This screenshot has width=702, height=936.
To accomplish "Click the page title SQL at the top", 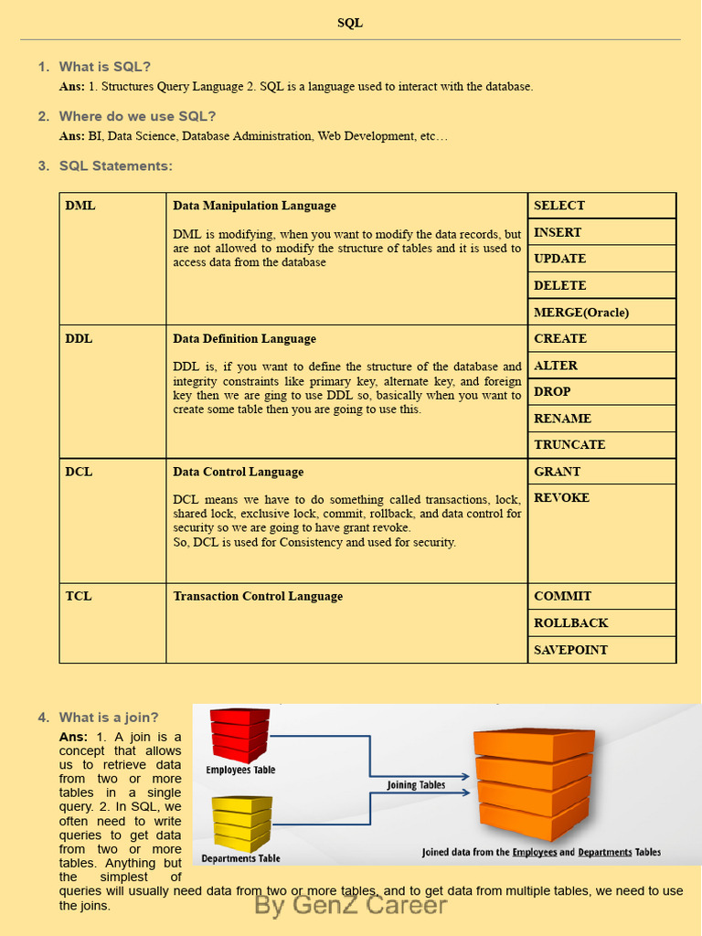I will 350,23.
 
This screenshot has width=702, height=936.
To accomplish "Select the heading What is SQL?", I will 104,67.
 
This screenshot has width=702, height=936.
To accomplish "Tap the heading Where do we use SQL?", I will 137,116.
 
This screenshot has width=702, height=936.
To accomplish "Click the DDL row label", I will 79,338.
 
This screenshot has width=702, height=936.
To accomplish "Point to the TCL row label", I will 79,596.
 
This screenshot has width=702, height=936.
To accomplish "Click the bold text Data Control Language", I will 238,472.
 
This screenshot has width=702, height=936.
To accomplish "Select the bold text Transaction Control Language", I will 258,596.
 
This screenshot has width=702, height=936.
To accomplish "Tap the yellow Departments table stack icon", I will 241,822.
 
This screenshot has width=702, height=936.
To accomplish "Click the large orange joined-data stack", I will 534,782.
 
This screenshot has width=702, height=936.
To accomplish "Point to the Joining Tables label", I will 416,785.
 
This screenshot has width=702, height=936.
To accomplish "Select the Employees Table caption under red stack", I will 240,770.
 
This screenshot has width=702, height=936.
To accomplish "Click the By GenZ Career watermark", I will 350,905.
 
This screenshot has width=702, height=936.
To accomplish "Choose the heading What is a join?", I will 109,718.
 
